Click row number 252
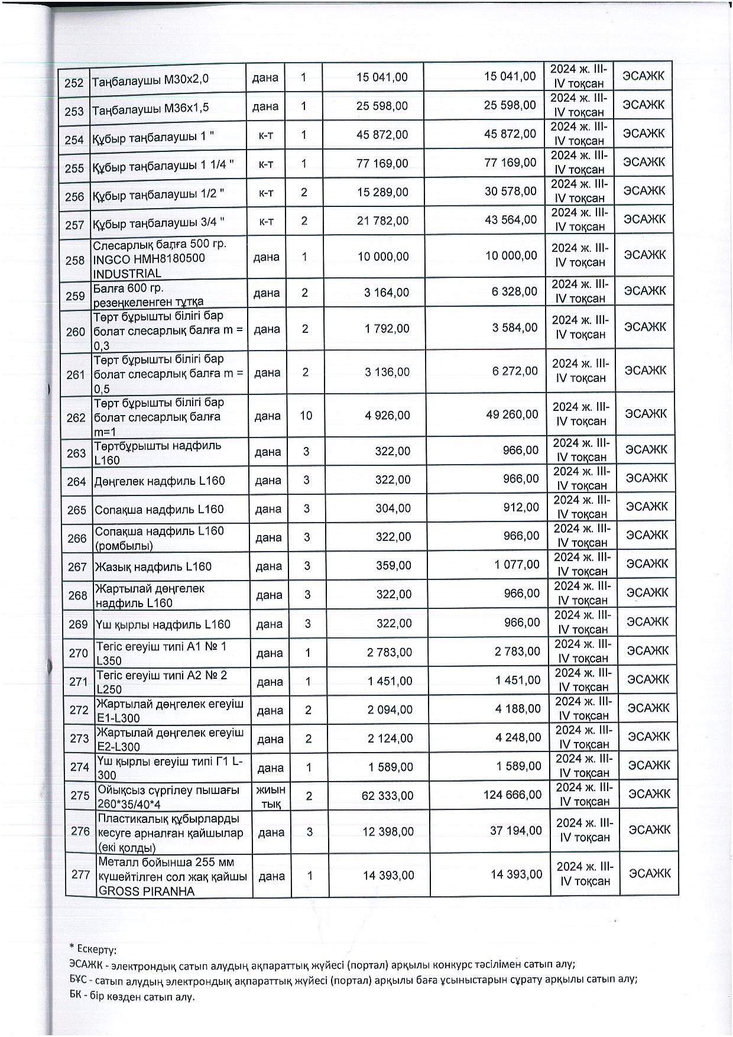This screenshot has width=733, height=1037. [x=74, y=82]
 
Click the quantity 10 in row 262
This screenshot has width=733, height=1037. [x=306, y=416]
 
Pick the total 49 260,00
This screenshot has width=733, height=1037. [x=511, y=415]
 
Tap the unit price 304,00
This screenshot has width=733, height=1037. [x=393, y=508]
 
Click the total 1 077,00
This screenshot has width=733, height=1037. [x=517, y=565]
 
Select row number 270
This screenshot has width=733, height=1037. [x=78, y=653]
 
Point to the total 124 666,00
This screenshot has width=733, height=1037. [x=513, y=795]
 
